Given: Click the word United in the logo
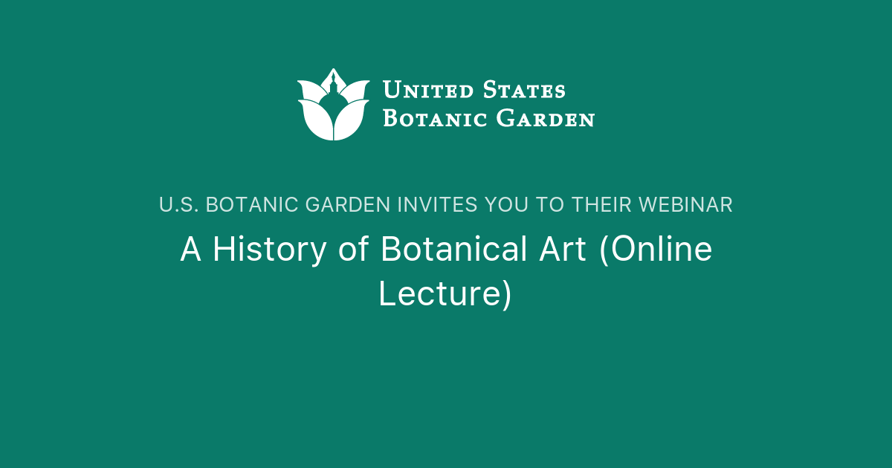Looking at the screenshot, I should [x=427, y=91].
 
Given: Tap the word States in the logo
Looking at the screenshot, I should [x=524, y=91].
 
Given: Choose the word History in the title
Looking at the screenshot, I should [x=269, y=250].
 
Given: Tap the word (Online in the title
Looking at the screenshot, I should [x=656, y=250].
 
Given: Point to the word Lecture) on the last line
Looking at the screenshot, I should [x=445, y=293].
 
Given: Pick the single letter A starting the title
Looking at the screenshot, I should [x=191, y=250].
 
